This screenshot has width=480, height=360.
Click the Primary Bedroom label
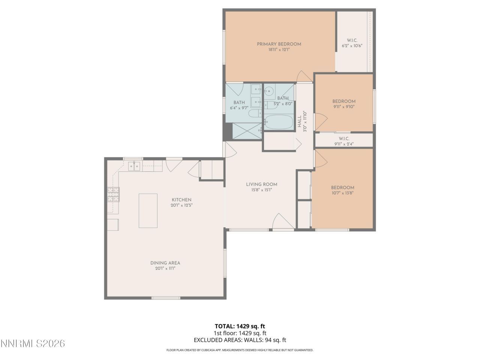click(279, 44)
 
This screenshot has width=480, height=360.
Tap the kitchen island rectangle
click(148, 210)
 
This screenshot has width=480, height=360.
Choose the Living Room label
click(261, 184)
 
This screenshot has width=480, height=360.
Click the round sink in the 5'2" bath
click(270, 90)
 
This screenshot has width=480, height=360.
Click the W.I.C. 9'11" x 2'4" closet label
click(344, 139)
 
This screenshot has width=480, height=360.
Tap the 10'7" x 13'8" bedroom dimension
click(342, 193)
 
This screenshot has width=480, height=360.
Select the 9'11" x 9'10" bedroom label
click(344, 101)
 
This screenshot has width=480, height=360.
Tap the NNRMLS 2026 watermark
click(33, 343)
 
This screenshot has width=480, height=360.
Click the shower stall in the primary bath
click(246, 131)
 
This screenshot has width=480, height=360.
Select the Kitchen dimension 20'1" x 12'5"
click(181, 205)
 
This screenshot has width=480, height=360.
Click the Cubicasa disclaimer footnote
click(240, 350)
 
